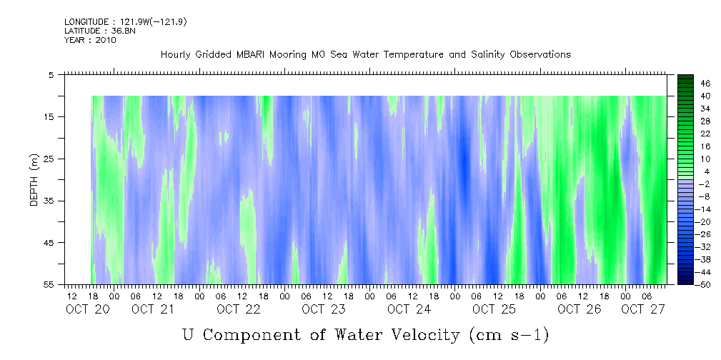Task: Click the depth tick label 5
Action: [51, 74]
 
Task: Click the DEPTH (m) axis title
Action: [34, 179]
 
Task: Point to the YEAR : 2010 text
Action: [90, 39]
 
